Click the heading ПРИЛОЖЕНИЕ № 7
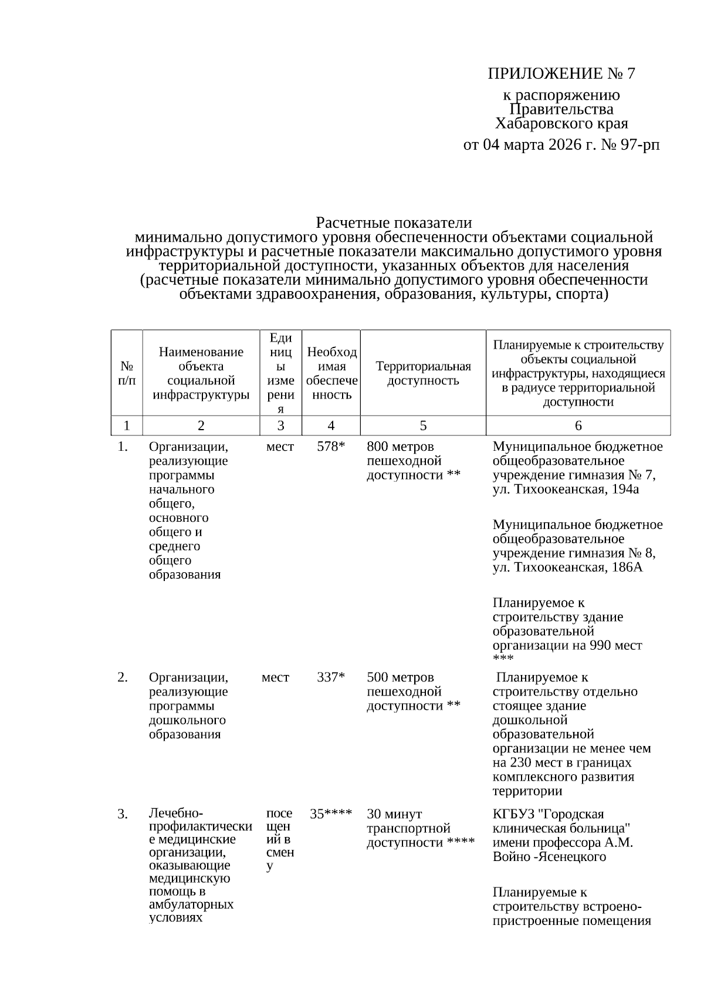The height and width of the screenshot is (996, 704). coord(561,73)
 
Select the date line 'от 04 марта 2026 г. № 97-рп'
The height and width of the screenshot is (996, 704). coord(561,144)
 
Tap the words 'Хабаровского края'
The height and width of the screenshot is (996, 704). coord(561,124)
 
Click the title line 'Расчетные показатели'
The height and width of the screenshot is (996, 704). coord(394,223)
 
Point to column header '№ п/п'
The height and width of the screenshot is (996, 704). coord(127,373)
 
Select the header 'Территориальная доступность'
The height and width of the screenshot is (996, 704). coord(423,373)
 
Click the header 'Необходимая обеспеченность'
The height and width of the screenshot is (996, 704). coord(331,373)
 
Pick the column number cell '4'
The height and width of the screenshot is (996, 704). coord(331,426)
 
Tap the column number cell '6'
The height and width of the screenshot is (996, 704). coord(578,426)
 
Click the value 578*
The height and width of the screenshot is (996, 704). coord(331,447)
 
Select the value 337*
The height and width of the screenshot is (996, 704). coord(331,677)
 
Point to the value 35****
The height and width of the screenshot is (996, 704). coord(331,814)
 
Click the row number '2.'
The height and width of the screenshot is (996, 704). coord(123,677)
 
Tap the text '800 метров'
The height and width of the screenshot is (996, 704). coord(400,447)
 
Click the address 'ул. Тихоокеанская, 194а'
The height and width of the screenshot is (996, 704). coord(566,489)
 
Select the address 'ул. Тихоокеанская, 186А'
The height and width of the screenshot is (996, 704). coord(567,568)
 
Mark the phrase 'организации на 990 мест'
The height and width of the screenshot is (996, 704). coord(567,646)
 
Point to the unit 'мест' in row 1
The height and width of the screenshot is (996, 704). coord(280,447)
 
